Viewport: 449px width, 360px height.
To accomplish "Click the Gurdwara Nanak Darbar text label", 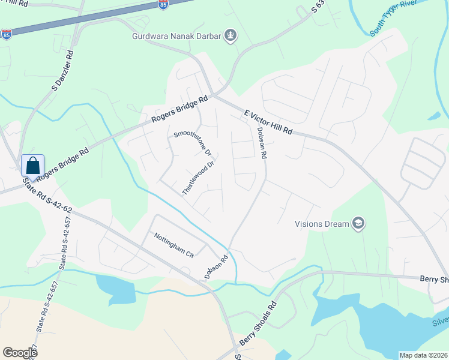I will point(176,36).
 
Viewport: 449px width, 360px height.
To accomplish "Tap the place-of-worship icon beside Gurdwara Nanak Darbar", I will point(230,36).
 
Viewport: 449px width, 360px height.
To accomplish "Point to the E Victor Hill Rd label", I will point(268,122).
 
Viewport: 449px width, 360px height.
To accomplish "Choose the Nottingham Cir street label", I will point(173,245).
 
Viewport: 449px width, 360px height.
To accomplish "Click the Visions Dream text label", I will point(322,224).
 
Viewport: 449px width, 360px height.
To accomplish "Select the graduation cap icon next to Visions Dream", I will point(358,224).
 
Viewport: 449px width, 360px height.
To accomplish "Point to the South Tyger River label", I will point(394,19).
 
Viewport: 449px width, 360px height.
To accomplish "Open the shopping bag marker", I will point(32,166).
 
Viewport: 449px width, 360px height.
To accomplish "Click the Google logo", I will point(20,352).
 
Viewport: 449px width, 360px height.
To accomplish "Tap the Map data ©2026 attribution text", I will point(423,355).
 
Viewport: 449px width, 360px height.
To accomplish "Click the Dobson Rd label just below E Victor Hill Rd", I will point(261,143).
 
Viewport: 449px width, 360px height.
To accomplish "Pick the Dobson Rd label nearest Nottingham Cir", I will point(217,267).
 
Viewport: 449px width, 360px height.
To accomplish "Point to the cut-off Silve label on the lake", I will point(440,322).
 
